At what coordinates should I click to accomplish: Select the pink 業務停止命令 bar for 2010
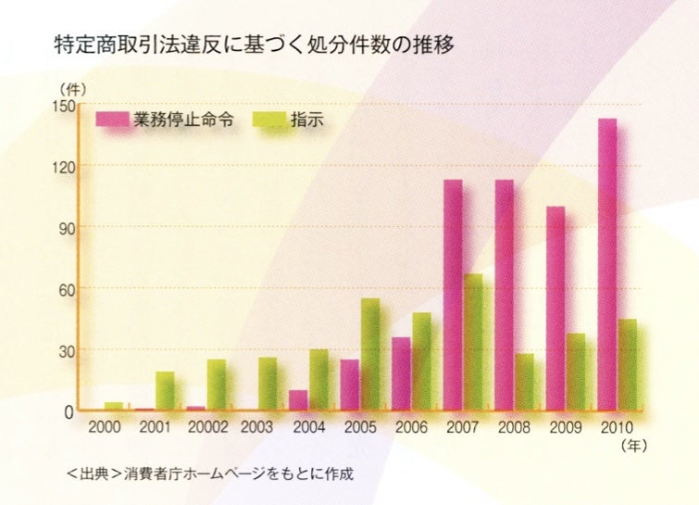coord(607,264)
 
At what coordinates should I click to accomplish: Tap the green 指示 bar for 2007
coord(472,343)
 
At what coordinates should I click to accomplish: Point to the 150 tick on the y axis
coord(61,104)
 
